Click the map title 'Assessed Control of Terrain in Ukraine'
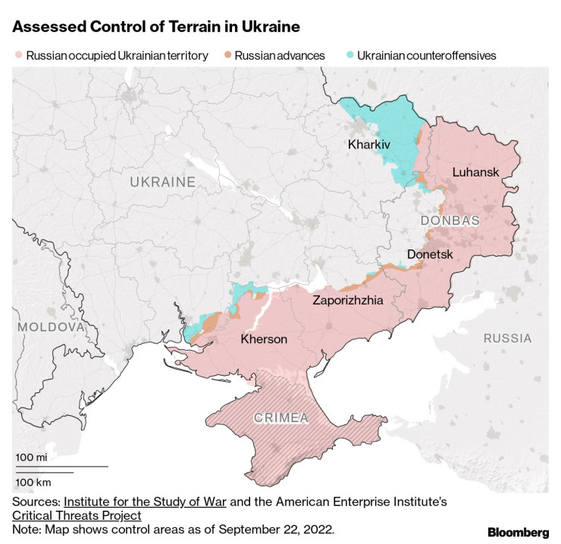(x=156, y=27)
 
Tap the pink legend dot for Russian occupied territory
(x=18, y=55)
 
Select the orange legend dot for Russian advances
(x=227, y=55)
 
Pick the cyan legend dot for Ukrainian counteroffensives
(x=349, y=55)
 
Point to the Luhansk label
(x=475, y=172)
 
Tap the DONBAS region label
(x=450, y=220)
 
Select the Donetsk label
(x=429, y=255)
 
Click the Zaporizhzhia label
(x=348, y=301)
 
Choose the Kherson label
(x=264, y=339)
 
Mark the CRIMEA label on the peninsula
(x=281, y=417)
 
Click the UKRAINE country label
(x=162, y=182)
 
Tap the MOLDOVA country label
(x=50, y=327)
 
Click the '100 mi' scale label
(x=31, y=458)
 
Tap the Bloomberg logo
(x=519, y=532)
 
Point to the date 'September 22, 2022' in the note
(x=279, y=528)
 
